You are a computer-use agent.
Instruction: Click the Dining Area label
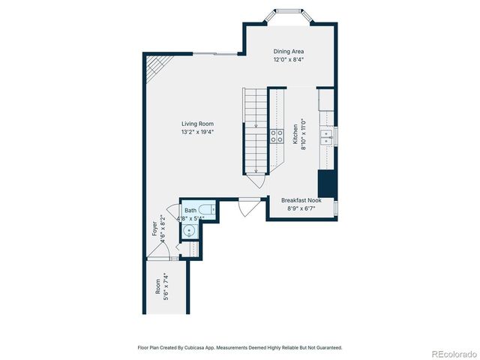coord(288,51)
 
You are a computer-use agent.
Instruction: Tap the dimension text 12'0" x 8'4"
coord(288,59)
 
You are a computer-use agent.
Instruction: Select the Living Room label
coord(197,124)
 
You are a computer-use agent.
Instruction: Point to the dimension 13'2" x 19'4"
coord(197,132)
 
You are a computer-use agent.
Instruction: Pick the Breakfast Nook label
coord(301,200)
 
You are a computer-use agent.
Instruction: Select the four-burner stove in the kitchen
coord(276,136)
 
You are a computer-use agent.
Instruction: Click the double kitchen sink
coord(326,136)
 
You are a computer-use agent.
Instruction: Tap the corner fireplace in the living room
coord(153,67)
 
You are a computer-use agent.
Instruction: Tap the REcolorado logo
coord(452,352)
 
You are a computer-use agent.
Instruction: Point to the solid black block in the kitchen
coord(326,183)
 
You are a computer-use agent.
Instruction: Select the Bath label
coord(190,211)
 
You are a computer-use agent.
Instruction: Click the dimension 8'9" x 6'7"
coord(301,208)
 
